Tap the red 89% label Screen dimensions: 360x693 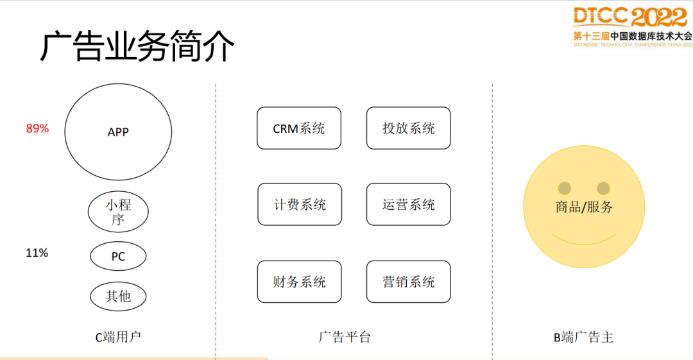pos(37,128)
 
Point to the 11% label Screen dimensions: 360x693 pos(37,253)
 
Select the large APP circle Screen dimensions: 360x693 pos(118,132)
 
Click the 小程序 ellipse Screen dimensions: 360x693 pos(118,212)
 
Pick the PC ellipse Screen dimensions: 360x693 pos(118,257)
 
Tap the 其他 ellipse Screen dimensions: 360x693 pos(118,296)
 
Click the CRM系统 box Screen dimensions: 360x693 pos(299,128)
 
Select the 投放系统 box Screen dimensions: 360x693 pos(409,128)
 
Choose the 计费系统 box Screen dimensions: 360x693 pos(300,205)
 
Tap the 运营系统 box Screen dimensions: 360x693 pos(409,205)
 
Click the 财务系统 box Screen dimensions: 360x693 pos(300,282)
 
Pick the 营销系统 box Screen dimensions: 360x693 pos(409,282)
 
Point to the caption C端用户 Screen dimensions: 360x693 pos(118,337)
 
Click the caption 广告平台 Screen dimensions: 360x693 pos(345,337)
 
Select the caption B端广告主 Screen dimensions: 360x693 pos(583,337)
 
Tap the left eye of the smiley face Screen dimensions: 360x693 pos(564,188)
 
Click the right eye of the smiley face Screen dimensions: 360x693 pos(603,188)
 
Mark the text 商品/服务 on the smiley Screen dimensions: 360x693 pos(584,207)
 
